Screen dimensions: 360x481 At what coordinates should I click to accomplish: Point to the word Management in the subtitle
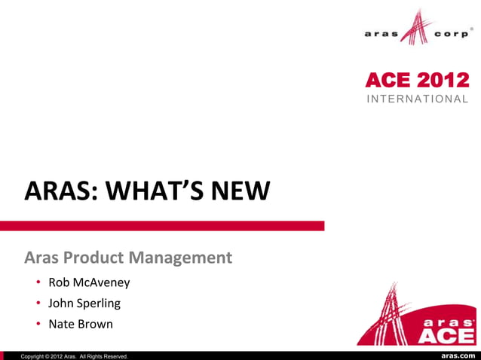pyautogui.click(x=180, y=258)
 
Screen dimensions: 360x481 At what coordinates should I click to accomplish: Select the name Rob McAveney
pyautogui.click(x=89, y=283)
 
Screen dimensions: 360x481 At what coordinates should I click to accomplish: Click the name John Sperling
pyautogui.click(x=84, y=304)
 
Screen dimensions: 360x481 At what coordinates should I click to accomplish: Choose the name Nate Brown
pyautogui.click(x=81, y=325)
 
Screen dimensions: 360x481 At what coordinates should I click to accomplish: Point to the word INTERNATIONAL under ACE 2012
pyautogui.click(x=418, y=99)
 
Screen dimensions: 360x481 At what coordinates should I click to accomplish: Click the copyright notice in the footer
pyautogui.click(x=75, y=355)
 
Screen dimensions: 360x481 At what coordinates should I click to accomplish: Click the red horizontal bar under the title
pyautogui.click(x=162, y=225)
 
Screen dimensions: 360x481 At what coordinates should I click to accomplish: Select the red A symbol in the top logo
pyautogui.click(x=417, y=29)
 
